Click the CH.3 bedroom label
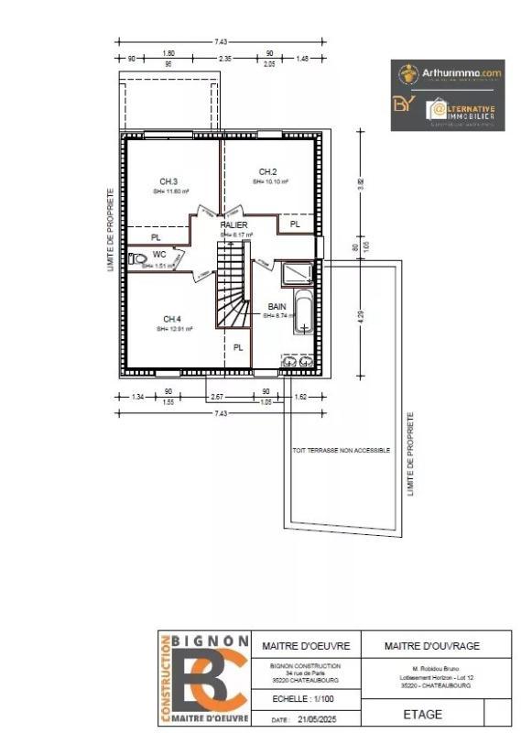pos(168,181)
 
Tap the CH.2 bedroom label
pos(267,171)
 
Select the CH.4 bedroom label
pos(171,318)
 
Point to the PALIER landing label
pos(235,224)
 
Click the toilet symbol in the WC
pos(138,259)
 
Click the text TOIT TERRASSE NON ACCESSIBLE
pos(341,451)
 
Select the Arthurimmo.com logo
pos(448,72)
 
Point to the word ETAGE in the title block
pos(422,715)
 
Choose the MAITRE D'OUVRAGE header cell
pos(435,646)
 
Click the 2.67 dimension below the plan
pos(218,397)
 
